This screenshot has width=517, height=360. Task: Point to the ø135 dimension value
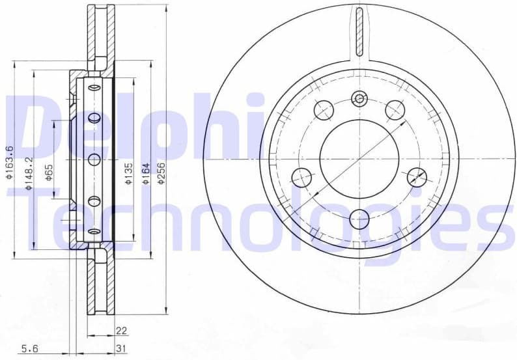click(x=128, y=173)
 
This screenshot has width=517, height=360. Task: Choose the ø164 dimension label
click(x=147, y=173)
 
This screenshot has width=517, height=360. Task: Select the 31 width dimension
click(x=121, y=349)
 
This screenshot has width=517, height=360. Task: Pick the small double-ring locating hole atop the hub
click(x=359, y=99)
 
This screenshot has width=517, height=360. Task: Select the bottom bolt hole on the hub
click(x=359, y=219)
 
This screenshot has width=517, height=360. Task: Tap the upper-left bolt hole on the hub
click(x=323, y=109)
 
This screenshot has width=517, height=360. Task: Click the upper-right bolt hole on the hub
click(x=395, y=109)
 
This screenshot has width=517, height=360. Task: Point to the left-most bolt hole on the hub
click(x=301, y=177)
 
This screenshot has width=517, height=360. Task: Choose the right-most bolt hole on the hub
click(x=416, y=177)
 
